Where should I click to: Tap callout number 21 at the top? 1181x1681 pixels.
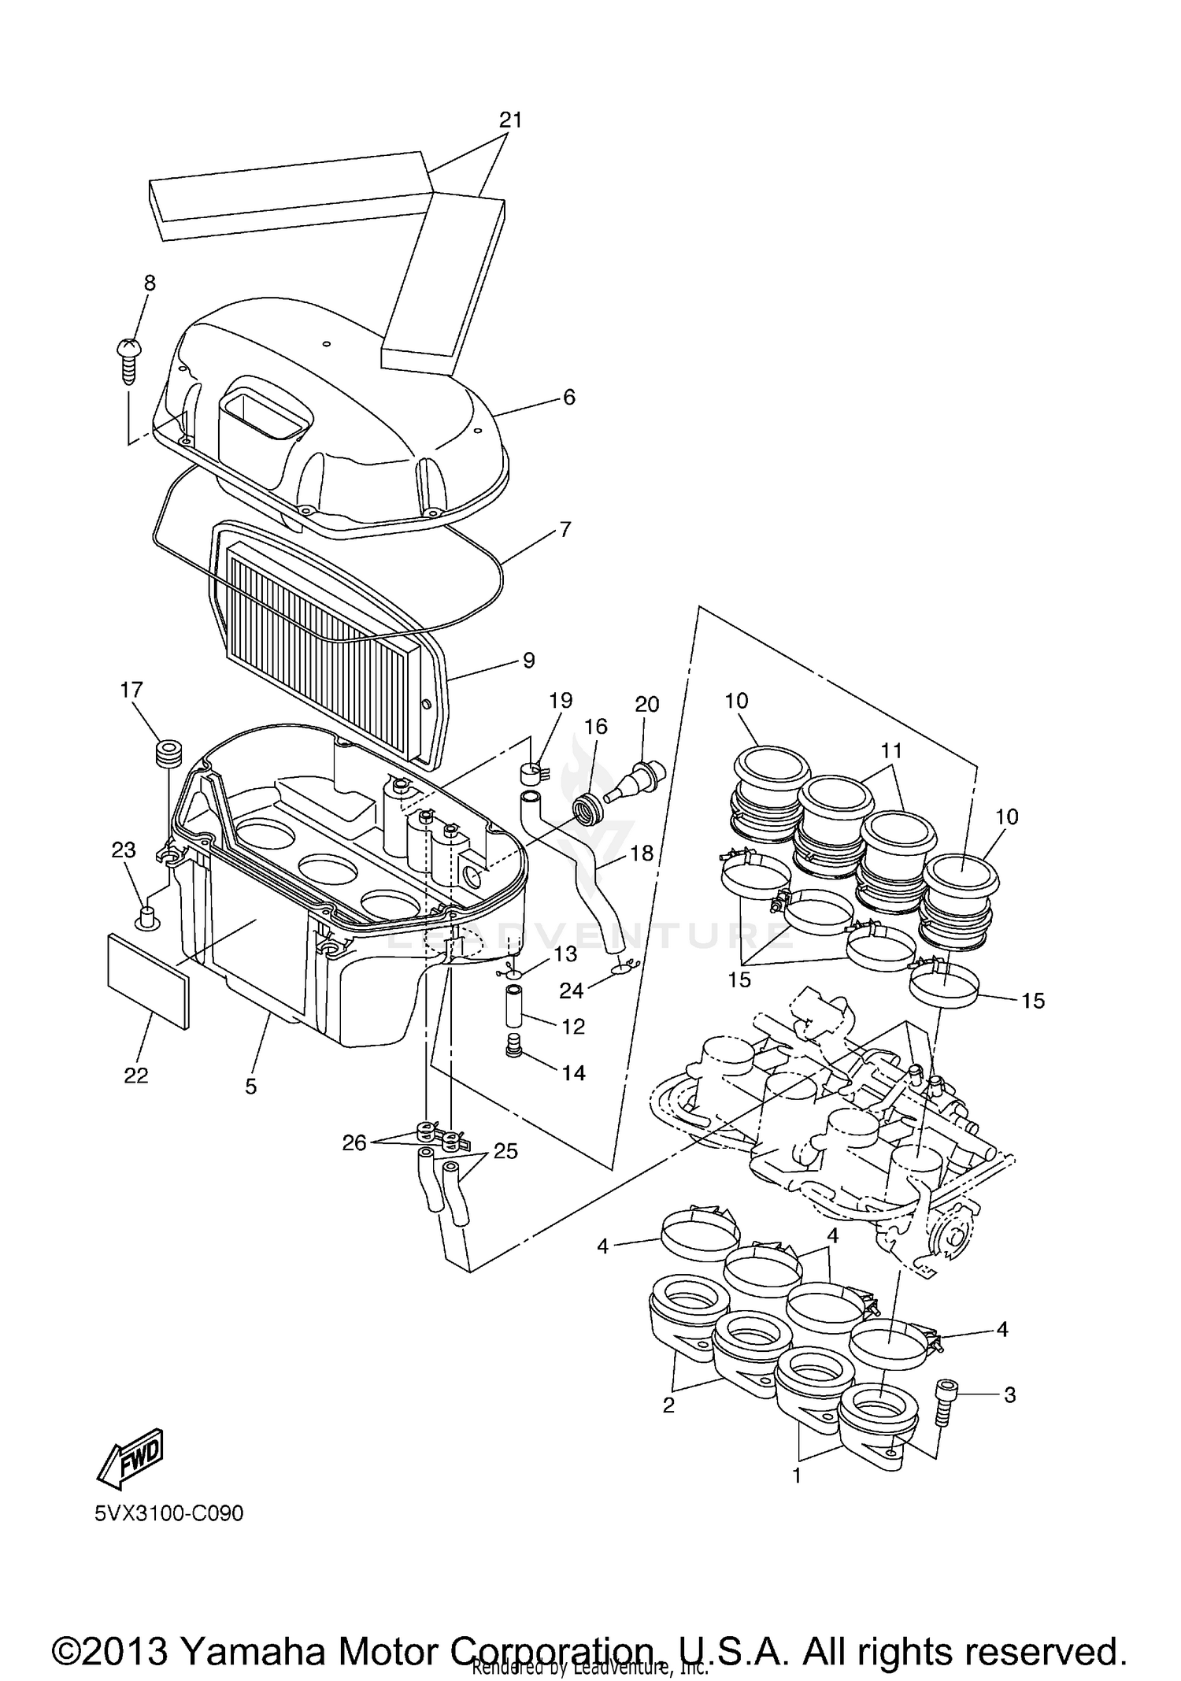click(x=510, y=120)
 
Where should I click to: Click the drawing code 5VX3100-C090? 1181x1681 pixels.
click(x=169, y=1513)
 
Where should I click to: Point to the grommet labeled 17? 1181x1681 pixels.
click(x=167, y=753)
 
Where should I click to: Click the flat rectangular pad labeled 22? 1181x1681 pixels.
click(x=148, y=981)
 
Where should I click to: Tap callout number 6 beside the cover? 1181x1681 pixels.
click(x=568, y=397)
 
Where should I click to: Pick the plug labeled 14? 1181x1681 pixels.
click(x=514, y=1049)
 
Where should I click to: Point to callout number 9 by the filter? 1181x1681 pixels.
click(x=528, y=660)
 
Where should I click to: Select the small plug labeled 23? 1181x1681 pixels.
click(x=145, y=916)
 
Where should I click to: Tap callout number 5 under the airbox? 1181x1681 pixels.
click(x=250, y=1087)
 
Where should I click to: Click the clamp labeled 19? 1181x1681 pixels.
click(x=534, y=770)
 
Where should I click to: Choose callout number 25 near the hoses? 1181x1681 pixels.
click(x=505, y=1151)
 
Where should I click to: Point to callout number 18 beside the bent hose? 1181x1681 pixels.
click(x=642, y=853)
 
